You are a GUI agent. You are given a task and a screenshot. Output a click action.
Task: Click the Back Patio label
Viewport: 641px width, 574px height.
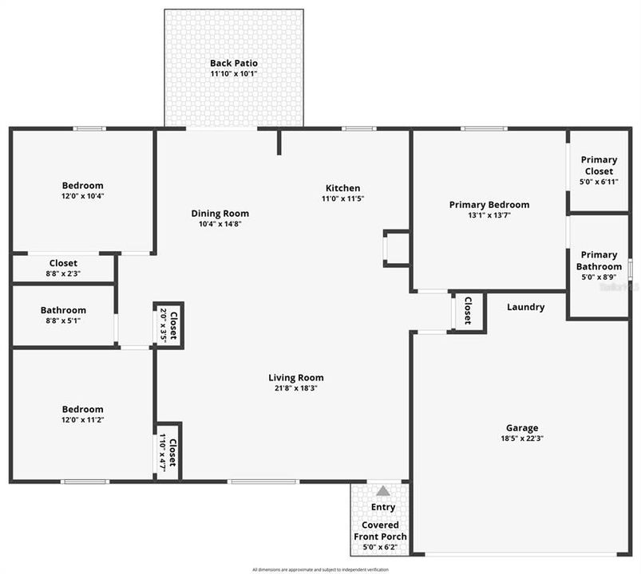coord(234,63)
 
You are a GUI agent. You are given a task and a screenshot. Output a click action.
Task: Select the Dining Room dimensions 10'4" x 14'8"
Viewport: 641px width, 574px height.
coord(220,224)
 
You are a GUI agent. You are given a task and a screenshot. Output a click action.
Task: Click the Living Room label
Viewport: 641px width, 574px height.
coord(295,378)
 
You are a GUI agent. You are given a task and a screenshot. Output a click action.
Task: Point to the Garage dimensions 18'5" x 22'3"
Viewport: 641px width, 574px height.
coord(521,438)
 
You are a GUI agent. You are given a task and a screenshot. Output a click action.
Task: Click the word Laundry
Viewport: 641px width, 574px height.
coord(526,307)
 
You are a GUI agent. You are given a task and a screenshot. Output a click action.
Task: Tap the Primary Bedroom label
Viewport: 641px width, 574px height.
coord(489,205)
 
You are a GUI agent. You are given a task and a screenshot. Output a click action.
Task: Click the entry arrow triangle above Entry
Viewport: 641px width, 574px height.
coord(383,491)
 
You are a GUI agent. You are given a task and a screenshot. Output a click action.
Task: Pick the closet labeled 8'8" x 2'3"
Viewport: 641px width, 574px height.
coord(63,268)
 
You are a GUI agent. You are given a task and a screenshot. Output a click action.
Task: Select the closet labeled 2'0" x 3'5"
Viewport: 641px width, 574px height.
coord(168,324)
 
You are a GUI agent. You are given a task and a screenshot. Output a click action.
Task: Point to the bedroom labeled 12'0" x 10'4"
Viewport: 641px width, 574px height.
coord(82,190)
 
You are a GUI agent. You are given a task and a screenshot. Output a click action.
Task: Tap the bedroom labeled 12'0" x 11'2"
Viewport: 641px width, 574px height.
coord(82,414)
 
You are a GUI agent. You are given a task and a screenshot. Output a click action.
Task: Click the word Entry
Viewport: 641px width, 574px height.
coord(383,507)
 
